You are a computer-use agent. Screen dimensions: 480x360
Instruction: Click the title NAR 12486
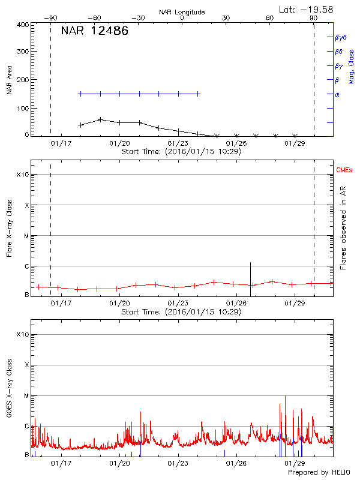tap(94, 31)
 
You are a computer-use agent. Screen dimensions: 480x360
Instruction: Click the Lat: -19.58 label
tap(307, 9)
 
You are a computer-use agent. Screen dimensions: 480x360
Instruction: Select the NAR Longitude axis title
tap(182, 12)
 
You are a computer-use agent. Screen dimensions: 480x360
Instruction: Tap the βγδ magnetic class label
tap(341, 37)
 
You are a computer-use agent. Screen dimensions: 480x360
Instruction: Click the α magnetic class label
tap(337, 94)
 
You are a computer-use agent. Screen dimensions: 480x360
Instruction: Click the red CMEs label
tap(344, 170)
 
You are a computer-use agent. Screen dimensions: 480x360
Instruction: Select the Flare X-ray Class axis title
tap(10, 228)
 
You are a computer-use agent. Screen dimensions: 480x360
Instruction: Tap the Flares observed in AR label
tap(343, 229)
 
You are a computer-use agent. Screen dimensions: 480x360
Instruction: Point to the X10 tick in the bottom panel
tap(23, 334)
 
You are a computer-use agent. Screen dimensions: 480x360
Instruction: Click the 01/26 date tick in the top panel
tap(236, 143)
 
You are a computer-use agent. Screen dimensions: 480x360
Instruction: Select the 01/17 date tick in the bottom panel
tap(61, 463)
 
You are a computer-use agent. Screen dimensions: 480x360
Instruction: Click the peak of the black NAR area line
tap(100, 119)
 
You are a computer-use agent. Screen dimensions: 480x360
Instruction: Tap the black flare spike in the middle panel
tap(250, 274)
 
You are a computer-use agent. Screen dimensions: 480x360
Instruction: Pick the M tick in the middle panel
tap(26, 236)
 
